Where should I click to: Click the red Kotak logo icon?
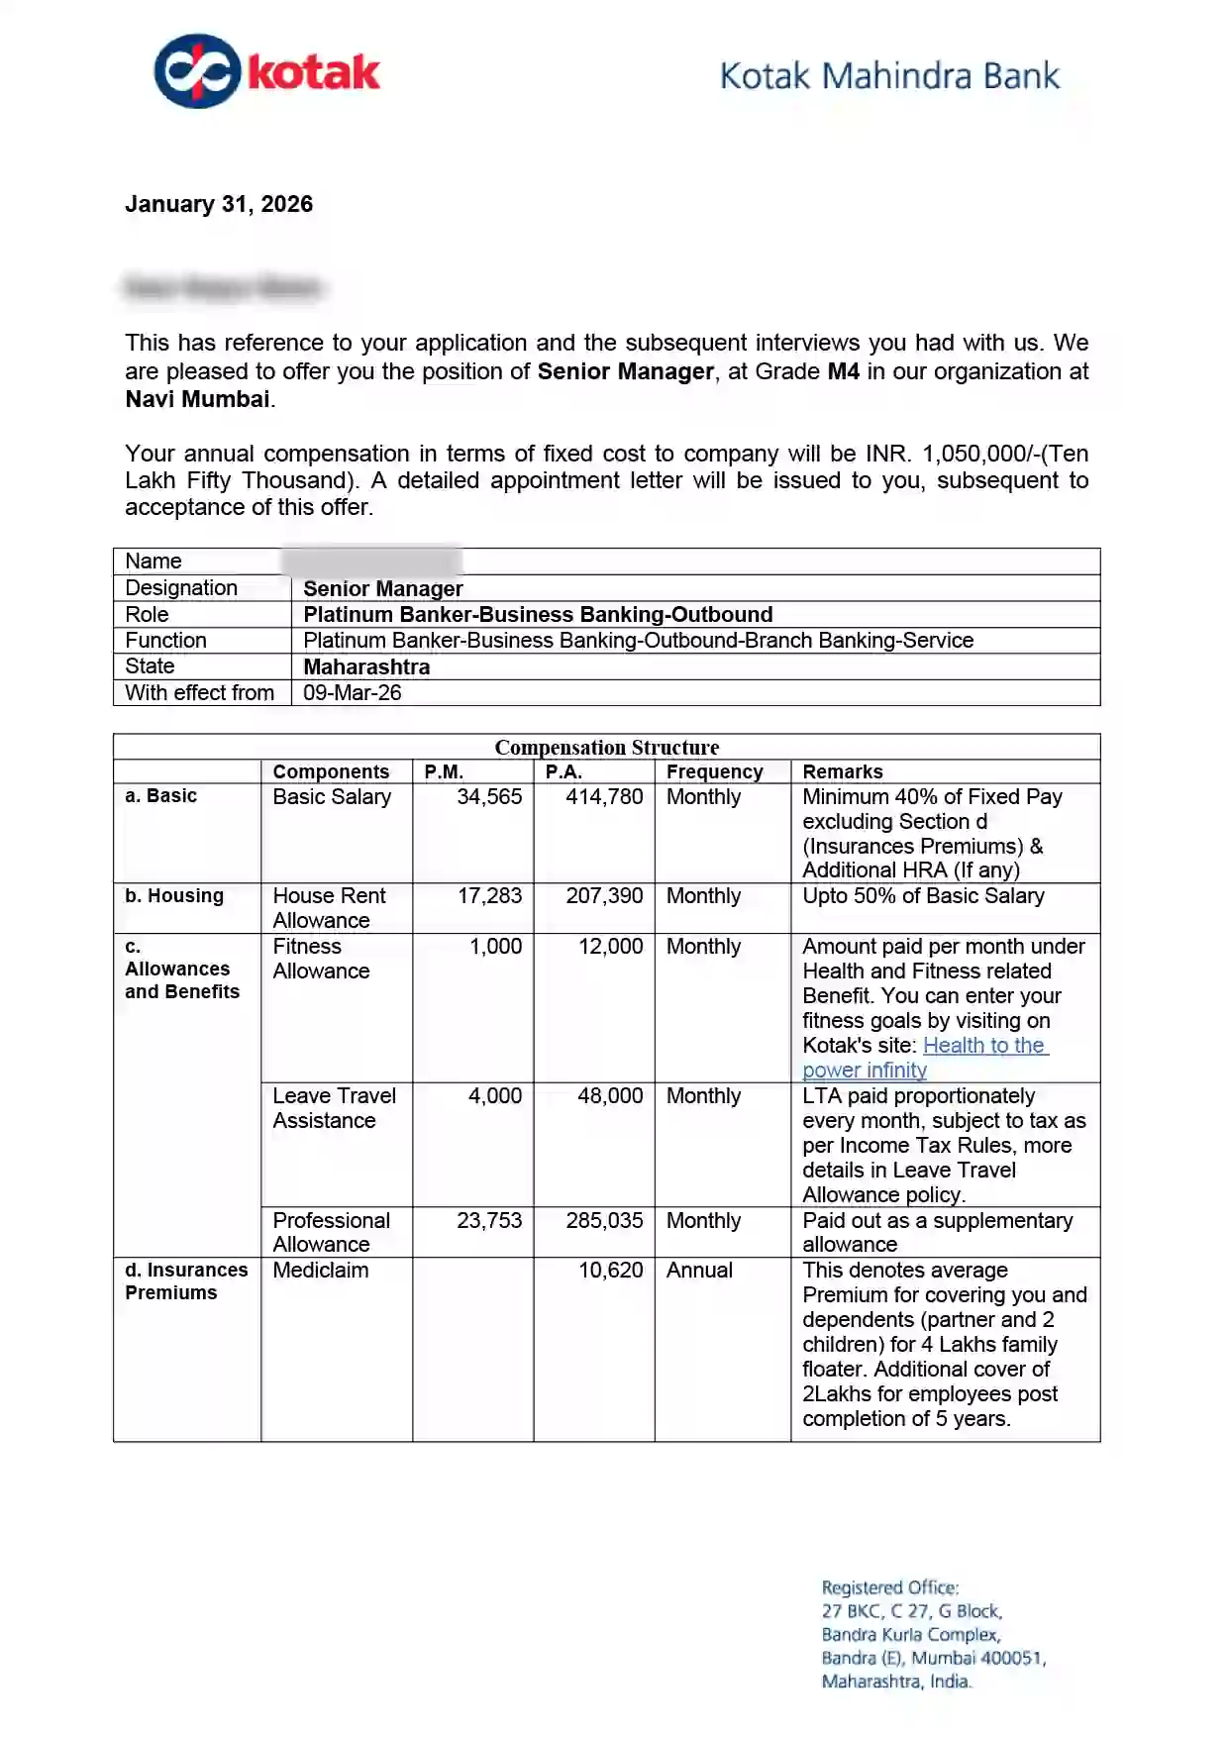coord(198,71)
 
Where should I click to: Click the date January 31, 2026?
coord(219,204)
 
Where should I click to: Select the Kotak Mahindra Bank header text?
coord(888,76)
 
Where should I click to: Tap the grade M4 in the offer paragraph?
coord(843,371)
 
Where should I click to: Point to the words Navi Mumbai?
coord(197,399)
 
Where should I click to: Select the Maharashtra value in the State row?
coord(366,666)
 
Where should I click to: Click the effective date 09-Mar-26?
coord(352,692)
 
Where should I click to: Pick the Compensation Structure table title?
coord(606,747)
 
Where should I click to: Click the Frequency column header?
coord(714,771)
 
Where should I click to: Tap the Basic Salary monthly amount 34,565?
coord(488,797)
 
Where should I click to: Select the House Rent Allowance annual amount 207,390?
coord(604,896)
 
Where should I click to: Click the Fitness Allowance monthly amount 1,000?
coord(495,947)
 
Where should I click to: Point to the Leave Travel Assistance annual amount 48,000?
coord(610,1096)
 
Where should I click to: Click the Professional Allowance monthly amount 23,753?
coord(488,1221)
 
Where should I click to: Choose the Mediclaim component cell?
coord(320,1271)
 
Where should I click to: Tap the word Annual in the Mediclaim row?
coord(699,1271)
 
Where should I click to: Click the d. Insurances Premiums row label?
coord(186,1281)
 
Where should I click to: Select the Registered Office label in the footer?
coord(889,1587)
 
